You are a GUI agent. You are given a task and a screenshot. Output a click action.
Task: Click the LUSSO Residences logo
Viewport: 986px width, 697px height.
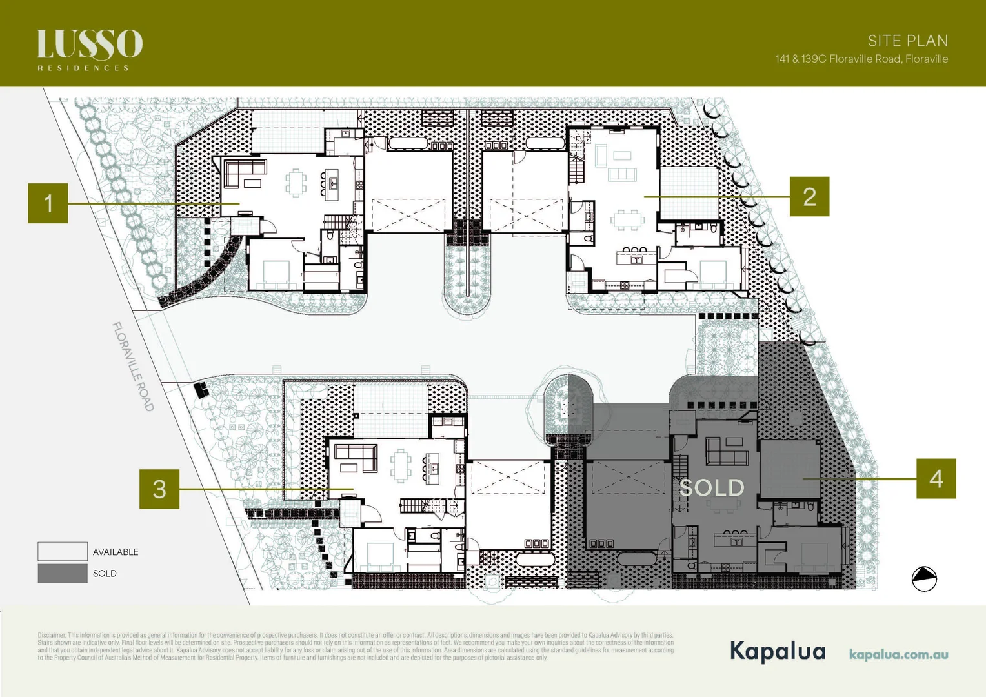coord(90,49)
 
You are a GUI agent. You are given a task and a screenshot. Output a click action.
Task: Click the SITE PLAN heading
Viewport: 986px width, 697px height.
coord(907,41)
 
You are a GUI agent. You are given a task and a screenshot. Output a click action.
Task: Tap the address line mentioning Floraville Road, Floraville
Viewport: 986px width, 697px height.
coord(861,59)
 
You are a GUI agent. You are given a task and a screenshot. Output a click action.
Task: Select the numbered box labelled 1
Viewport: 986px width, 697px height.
coord(48,203)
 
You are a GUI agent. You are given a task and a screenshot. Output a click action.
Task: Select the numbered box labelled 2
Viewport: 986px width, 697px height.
coord(809,197)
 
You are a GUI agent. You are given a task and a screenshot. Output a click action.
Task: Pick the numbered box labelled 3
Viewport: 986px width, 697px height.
coord(159,489)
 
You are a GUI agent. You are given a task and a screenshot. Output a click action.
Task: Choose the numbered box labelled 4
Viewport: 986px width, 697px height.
coord(936,478)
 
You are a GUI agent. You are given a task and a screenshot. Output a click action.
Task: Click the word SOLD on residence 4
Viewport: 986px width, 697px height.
coord(712,488)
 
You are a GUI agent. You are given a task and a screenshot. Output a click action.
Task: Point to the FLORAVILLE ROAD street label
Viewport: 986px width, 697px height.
coord(133,367)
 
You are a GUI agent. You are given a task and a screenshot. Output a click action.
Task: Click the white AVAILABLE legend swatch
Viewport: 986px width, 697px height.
coord(63,551)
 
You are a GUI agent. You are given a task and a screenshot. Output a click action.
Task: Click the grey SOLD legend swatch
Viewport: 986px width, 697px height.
coord(63,573)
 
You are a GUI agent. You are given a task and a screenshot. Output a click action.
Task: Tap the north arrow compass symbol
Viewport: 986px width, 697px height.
coord(924,578)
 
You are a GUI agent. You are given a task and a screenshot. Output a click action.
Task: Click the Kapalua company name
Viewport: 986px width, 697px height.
coord(778,651)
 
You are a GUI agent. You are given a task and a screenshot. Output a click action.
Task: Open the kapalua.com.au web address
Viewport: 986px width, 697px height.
coord(898,654)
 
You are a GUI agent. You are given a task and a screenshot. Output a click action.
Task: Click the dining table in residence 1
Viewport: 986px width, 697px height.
coord(296,183)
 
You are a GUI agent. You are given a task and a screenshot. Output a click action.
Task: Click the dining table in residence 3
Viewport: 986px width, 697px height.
coord(401,465)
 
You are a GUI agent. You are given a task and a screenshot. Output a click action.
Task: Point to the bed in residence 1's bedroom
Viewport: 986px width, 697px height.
coord(276,273)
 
